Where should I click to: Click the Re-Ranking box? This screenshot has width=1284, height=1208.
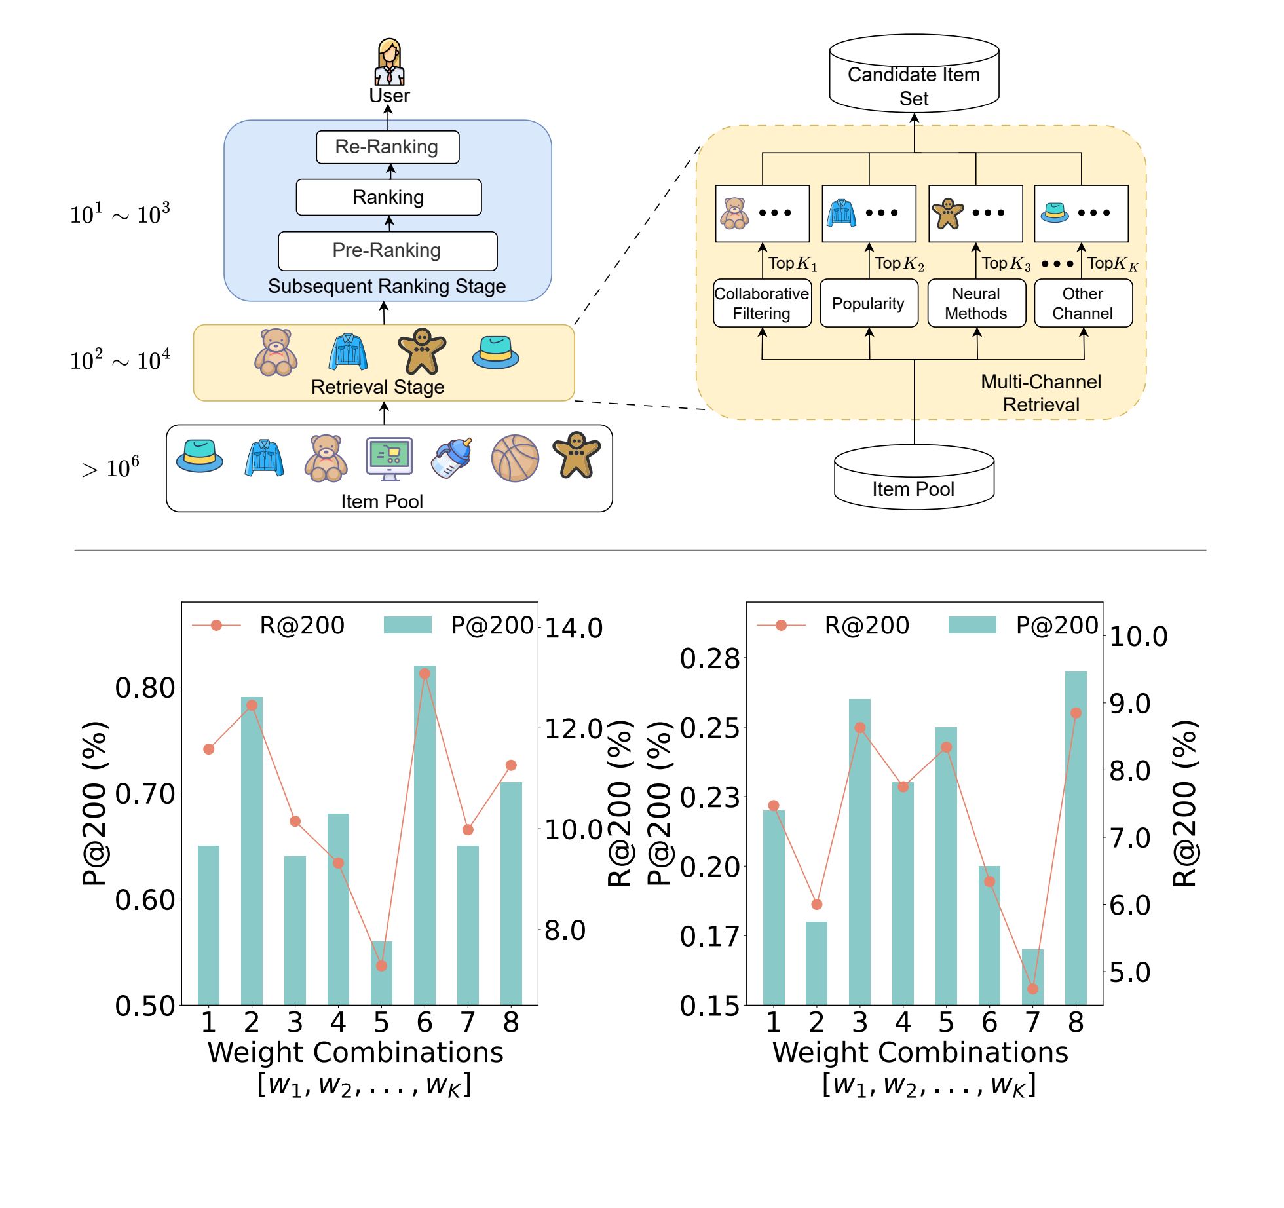point(387,147)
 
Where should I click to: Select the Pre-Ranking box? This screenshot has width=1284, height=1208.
point(387,251)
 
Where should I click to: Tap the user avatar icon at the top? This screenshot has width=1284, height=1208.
point(389,62)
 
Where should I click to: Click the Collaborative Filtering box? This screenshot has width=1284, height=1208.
point(762,303)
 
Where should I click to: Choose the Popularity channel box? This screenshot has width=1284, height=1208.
point(869,303)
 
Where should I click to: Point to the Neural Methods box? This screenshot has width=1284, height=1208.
point(976,303)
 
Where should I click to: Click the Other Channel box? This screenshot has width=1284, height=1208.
point(1083,303)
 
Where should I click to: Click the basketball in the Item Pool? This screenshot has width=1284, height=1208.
point(515,459)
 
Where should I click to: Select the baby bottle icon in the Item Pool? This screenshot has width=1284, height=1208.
point(452,458)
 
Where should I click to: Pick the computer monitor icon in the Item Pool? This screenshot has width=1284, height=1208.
point(389,458)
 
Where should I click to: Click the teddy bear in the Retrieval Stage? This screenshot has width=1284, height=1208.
point(276,352)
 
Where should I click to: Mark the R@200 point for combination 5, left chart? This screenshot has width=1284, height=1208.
point(381,966)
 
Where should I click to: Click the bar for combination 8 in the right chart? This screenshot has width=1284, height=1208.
point(1076,838)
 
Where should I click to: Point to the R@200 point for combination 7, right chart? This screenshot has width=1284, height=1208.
point(1032,989)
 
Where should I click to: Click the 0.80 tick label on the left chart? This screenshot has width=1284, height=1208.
point(145,688)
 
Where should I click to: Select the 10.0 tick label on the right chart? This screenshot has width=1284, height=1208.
point(1139,637)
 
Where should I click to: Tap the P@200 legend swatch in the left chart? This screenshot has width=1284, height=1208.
point(407,625)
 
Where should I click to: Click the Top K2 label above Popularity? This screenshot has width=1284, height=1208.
point(899,264)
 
